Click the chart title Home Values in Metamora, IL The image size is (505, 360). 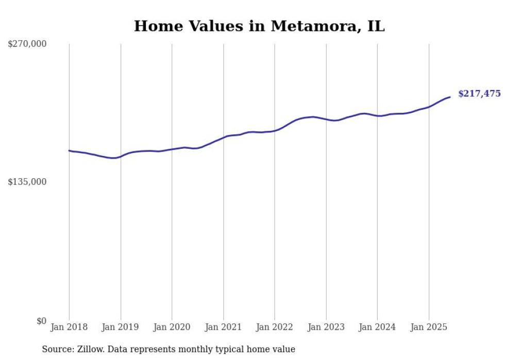coord(259,26)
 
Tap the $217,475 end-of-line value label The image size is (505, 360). coord(479,94)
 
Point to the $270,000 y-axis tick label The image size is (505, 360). coord(27,44)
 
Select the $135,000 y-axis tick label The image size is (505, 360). coord(27,182)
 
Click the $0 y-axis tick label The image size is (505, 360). coord(41,321)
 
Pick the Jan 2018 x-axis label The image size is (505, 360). coord(69,327)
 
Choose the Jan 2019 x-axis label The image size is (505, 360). coord(121,327)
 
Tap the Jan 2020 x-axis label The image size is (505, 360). coord(172,327)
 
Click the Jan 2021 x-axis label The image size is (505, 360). coord(223,327)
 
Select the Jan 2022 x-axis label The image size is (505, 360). coord(275,327)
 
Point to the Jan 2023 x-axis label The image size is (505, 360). coord(326,327)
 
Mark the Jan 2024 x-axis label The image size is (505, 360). coord(377,327)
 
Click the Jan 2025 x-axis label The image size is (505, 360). coord(429,327)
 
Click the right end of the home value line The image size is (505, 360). coord(450,97)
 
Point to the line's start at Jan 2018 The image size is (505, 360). coord(70,150)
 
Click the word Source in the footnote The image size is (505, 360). coord(56,349)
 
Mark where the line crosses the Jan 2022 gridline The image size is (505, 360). coord(275,131)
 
